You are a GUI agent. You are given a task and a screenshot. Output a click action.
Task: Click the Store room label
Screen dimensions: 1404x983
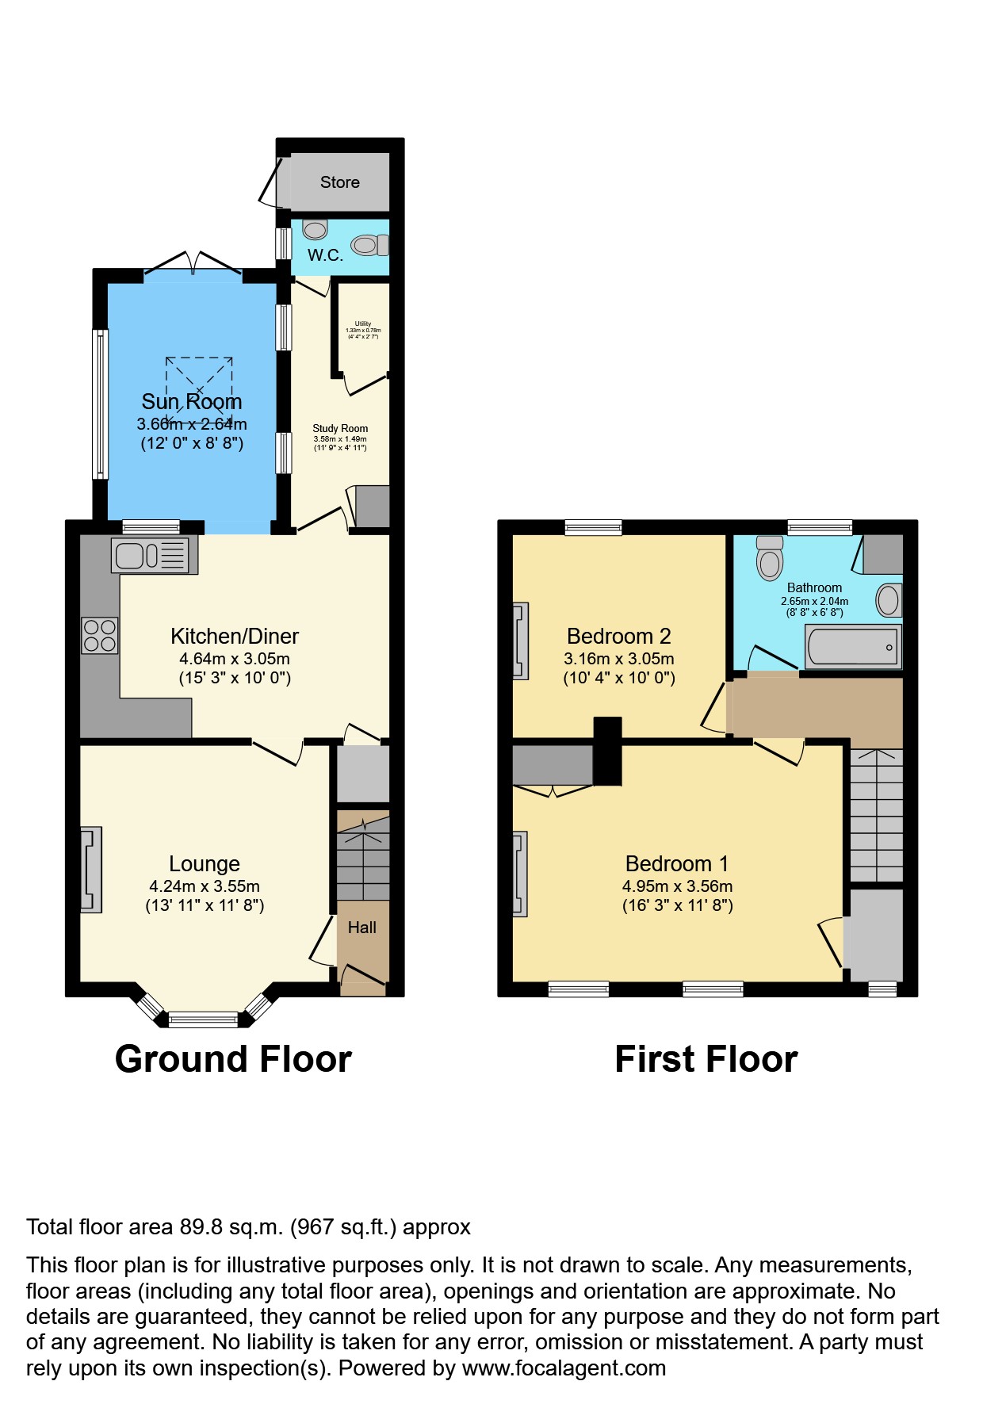coord(339,182)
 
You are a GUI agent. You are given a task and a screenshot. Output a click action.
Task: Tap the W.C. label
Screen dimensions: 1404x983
coord(325,255)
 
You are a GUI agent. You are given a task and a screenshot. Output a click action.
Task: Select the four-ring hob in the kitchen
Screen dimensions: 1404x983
coord(100,636)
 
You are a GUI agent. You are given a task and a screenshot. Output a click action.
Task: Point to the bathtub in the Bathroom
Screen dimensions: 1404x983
coord(852,647)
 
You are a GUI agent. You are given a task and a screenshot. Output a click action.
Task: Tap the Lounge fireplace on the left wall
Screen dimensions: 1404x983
coord(91,869)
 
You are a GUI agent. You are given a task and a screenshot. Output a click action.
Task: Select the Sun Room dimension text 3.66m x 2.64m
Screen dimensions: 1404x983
coord(192,424)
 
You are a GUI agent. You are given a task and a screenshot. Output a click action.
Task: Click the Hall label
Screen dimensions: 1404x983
coord(362,928)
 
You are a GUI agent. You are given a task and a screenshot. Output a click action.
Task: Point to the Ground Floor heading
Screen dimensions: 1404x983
coord(233,1059)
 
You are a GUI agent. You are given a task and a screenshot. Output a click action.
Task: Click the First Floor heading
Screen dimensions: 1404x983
coord(706,1059)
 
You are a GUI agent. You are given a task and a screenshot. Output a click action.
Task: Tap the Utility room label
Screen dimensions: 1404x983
coord(363,323)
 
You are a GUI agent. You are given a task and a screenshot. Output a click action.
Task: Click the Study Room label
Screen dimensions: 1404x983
coord(340,428)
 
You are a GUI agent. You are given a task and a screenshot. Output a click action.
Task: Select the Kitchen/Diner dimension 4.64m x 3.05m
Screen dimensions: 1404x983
coord(235,659)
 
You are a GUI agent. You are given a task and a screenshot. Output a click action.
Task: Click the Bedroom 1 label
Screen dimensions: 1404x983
coord(677,863)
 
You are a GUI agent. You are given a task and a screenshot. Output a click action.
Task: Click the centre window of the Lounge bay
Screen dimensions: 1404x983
coord(203,1020)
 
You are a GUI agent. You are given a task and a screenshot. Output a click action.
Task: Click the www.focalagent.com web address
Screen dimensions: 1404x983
coord(564,1368)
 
